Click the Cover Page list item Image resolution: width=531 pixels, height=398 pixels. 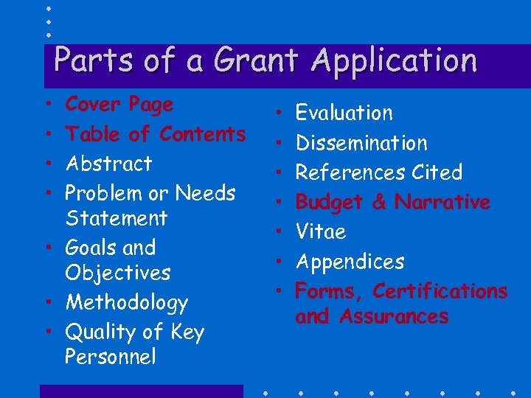point(119,105)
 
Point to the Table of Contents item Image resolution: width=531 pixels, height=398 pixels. point(155,134)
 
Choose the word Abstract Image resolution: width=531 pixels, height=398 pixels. point(108,164)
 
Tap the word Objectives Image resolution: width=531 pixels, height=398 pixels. point(117,273)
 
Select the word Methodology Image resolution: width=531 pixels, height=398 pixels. point(126,303)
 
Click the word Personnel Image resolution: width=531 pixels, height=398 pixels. point(111,357)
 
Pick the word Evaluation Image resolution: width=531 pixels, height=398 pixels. point(344,113)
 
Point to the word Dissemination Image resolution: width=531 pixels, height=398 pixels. point(361,143)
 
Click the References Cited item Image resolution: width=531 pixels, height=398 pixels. point(378,172)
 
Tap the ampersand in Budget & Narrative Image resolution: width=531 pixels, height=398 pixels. point(379,203)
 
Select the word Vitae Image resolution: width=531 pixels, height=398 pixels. point(320,232)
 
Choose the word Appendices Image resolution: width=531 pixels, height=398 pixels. point(350,262)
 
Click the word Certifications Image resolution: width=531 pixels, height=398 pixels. point(440,291)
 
